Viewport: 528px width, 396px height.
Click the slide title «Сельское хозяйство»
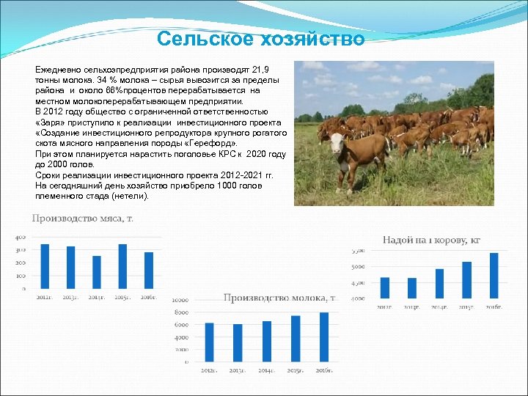tap(261, 39)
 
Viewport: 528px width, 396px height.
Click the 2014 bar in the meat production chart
tap(97, 272)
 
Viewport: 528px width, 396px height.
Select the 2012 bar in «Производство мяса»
tap(45, 265)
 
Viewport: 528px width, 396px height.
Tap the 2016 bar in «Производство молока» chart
tap(324, 337)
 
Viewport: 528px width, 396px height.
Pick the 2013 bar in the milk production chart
tap(238, 342)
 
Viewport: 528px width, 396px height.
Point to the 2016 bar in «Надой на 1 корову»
tap(494, 275)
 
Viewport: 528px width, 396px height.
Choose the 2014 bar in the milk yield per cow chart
tap(439, 283)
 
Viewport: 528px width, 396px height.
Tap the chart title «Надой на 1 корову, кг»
tap(431, 240)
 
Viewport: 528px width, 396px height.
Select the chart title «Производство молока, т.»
tap(279, 298)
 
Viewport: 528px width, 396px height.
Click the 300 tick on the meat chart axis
tap(21, 250)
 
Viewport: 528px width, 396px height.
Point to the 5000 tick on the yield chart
tap(358, 266)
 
